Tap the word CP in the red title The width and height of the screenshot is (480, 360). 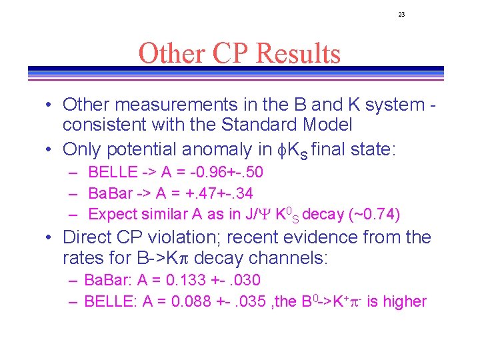[227, 53]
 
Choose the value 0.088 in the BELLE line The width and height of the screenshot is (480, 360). [192, 301]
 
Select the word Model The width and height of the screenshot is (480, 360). [327, 125]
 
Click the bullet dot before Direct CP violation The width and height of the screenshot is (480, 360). [50, 238]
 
